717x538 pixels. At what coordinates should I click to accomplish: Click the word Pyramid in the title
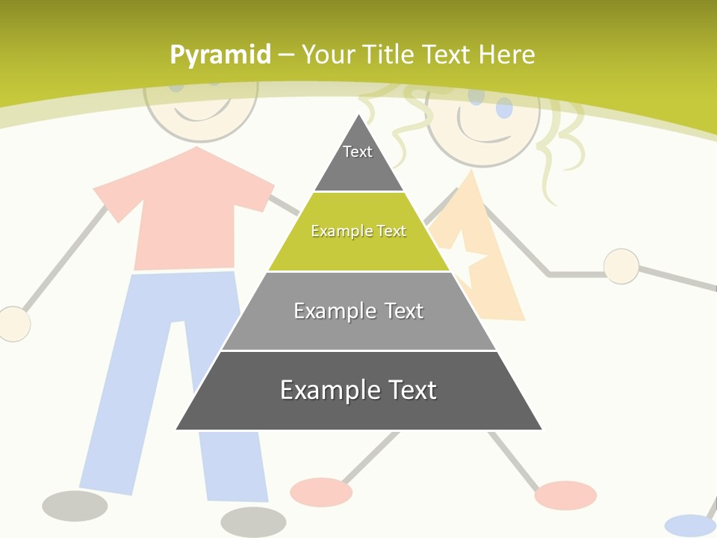[220, 55]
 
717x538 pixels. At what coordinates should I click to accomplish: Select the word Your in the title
[328, 55]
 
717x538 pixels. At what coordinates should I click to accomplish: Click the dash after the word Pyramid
[286, 55]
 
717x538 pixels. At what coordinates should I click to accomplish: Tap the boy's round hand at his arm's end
[13, 324]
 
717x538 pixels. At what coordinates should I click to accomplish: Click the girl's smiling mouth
[485, 134]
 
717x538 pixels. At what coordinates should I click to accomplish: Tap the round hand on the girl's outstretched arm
[621, 266]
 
